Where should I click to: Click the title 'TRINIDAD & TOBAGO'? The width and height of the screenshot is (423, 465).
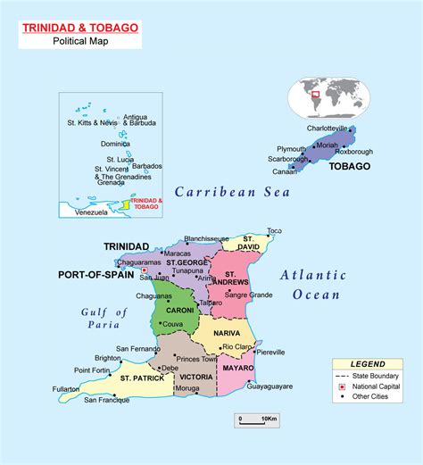pos(80,28)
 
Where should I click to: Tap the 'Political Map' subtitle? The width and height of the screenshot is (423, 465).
pos(80,41)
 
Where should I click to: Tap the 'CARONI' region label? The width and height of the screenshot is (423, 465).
pos(167,310)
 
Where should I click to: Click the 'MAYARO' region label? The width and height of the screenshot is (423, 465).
pos(239,367)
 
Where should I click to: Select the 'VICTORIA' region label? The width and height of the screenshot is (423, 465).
pos(195,377)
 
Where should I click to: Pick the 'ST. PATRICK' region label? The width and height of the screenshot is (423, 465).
pos(140,378)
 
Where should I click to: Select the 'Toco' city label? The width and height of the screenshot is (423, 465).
pos(274,230)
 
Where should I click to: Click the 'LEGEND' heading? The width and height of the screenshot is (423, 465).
pos(368,364)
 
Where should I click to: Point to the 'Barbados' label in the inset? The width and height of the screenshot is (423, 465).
pos(146,166)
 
